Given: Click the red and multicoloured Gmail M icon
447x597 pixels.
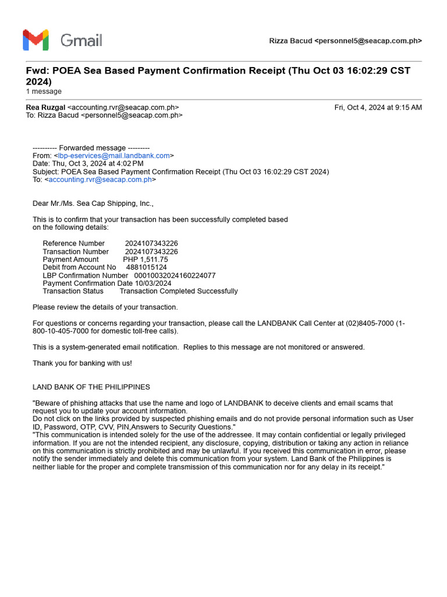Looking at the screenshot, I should [x=35, y=40].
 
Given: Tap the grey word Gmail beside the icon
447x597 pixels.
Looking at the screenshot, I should [x=81, y=40].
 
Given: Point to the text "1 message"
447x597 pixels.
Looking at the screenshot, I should [x=44, y=92].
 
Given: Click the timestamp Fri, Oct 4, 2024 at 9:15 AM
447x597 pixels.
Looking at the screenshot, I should [x=378, y=107].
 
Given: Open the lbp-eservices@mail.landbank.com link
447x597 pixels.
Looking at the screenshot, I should [x=113, y=156].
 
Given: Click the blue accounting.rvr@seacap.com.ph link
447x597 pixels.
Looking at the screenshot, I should [x=100, y=180].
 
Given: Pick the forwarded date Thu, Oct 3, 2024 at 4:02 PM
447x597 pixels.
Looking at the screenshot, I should [x=98, y=164].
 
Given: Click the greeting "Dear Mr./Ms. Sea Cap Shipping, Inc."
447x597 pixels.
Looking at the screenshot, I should [x=93, y=203].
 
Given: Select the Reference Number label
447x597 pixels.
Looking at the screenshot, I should [x=74, y=243].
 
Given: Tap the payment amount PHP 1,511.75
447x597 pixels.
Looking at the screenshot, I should [x=146, y=259].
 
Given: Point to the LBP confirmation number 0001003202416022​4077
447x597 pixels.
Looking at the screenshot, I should [x=175, y=275].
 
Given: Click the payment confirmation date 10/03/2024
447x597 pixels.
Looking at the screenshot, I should [x=153, y=283].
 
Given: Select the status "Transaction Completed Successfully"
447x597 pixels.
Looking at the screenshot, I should [x=179, y=291].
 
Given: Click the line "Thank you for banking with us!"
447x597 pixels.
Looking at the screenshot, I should [x=82, y=363].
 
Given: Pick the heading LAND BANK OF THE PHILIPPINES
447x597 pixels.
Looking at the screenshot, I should [x=91, y=387].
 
